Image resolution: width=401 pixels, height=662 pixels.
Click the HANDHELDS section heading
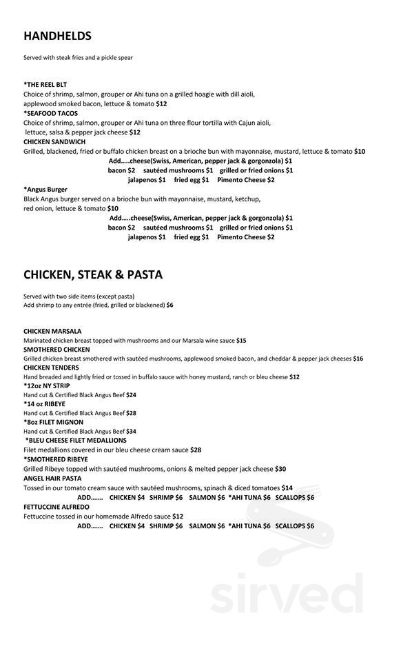tap(57, 36)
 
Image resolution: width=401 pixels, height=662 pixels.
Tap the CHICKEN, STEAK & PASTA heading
tap(93, 274)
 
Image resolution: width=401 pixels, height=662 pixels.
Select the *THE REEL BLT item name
tap(46, 85)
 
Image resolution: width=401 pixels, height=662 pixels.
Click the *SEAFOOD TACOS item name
tap(50, 113)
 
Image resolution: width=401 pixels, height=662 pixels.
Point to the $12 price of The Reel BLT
tap(161, 103)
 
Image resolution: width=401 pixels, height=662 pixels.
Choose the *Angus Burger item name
tap(48, 188)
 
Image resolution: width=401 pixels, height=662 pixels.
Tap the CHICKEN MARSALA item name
tap(52, 331)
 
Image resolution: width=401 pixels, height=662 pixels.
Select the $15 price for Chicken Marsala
tap(241, 341)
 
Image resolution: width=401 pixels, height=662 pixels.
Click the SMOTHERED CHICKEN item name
tap(56, 350)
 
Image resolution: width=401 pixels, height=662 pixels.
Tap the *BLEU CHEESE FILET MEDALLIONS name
tap(76, 440)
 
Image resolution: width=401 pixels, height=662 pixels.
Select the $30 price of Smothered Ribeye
tap(280, 469)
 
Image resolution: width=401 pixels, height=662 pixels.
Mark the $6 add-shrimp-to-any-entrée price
tap(169, 305)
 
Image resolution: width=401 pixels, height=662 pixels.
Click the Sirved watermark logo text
tap(287, 593)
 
